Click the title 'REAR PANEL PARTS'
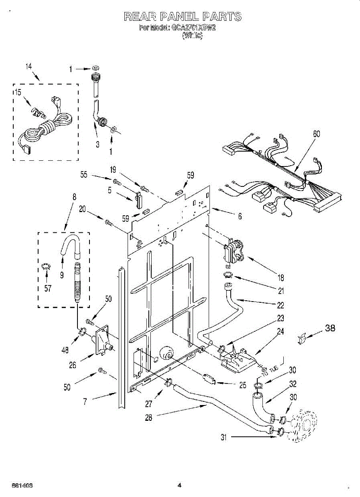pos(182,17)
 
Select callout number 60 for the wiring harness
pos(317,134)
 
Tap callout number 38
pos(329,328)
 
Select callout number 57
pos(48,288)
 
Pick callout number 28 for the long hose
pos(149,418)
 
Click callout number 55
pos(84,175)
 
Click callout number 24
pos(280,331)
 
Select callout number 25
pos(243,385)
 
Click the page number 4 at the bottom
pos(179,485)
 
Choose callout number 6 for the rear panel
pos(240,216)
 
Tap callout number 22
pos(280,305)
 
